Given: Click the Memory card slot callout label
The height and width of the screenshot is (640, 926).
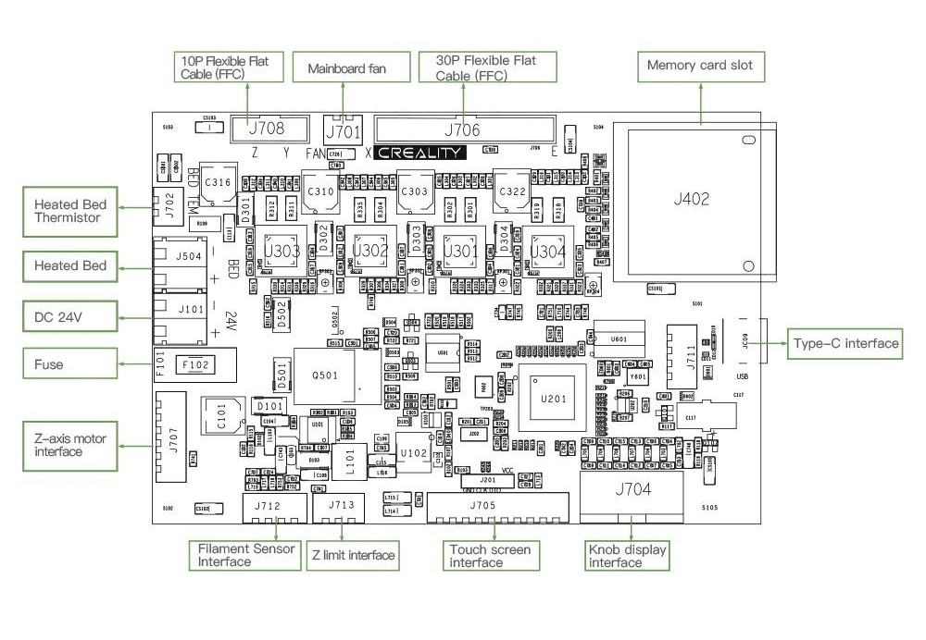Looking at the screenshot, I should click(x=700, y=66).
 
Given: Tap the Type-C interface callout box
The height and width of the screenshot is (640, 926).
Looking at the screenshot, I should click(x=845, y=344).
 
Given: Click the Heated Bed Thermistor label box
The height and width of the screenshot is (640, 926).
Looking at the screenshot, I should click(x=69, y=211).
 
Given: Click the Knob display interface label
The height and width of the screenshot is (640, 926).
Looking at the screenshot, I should click(x=627, y=556).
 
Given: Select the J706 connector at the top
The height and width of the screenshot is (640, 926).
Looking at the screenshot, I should click(x=463, y=130).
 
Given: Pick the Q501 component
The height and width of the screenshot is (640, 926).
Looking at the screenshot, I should click(x=323, y=375).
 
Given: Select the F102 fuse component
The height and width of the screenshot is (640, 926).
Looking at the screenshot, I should click(x=196, y=365).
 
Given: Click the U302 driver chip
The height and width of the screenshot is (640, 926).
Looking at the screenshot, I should click(x=370, y=251).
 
